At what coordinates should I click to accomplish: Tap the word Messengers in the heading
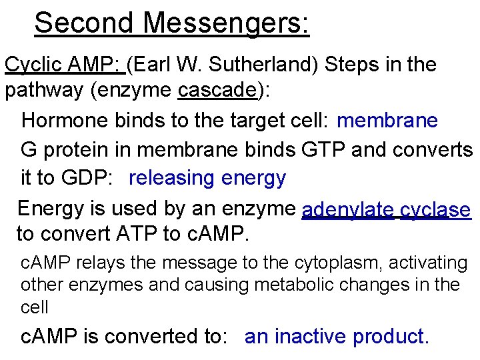point(225,23)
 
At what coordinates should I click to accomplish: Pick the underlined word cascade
point(217,90)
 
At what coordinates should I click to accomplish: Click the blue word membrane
point(387,120)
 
